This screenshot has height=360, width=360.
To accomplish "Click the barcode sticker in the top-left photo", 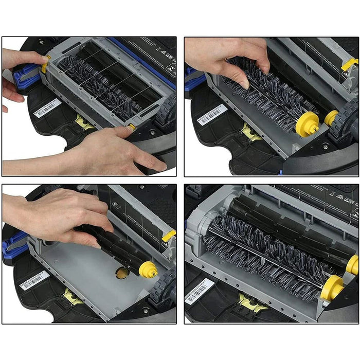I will click(x=47, y=109).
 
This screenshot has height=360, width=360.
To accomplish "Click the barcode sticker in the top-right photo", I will click(x=212, y=115).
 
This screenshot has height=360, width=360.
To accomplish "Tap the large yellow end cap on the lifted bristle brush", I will click(x=304, y=122).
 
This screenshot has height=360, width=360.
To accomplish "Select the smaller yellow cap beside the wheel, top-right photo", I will click(x=331, y=118).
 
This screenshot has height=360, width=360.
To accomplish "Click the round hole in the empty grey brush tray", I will click(x=122, y=273).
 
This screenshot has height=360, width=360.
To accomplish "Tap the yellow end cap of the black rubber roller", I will click(x=148, y=269).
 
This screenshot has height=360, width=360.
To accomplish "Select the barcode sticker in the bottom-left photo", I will click(x=34, y=280).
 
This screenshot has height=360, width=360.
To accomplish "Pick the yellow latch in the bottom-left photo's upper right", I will click(x=168, y=236).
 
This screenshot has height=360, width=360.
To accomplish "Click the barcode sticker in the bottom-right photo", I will click(x=199, y=291).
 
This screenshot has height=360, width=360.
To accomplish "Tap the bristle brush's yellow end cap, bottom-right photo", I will click(x=332, y=287).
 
